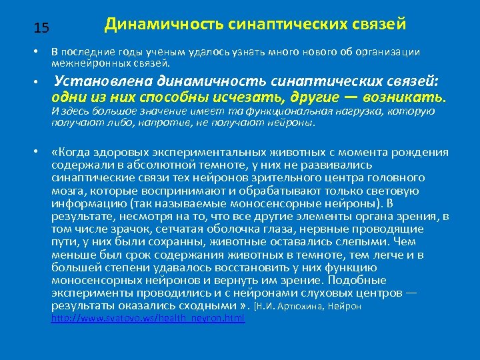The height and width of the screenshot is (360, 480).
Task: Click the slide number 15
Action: click(41, 28)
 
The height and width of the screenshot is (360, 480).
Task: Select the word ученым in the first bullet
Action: click(151, 52)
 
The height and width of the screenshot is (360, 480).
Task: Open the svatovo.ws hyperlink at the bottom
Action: click(148, 319)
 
